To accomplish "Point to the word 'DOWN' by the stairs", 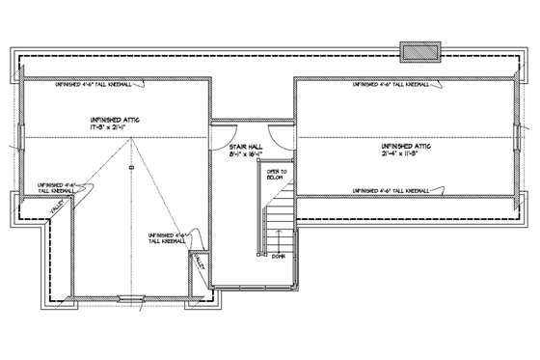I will [x=278, y=257].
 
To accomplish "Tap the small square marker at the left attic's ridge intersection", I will [x=130, y=168].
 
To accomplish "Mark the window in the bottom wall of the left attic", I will [x=125, y=297].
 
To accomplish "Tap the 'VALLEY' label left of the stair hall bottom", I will [x=200, y=263].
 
